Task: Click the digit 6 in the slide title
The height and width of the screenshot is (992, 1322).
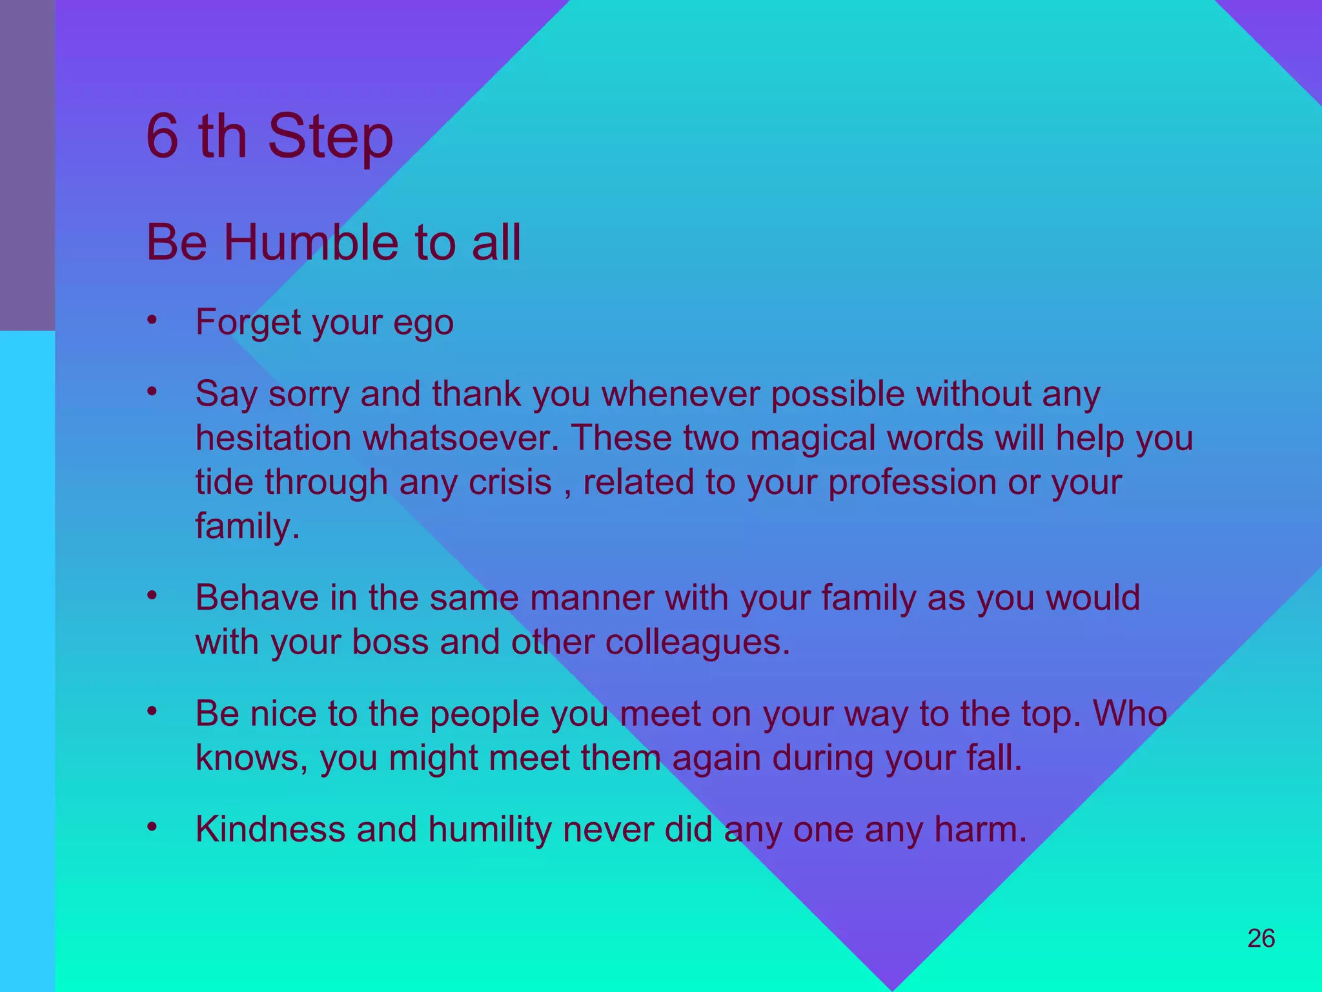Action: click(162, 136)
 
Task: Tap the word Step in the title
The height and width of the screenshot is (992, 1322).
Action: click(330, 138)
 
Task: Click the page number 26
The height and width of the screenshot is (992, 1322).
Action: click(1261, 938)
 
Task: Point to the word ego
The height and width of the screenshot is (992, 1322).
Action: click(423, 323)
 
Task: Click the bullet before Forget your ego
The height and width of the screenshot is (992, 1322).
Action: click(152, 320)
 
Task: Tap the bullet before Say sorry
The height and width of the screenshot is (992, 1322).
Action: click(152, 391)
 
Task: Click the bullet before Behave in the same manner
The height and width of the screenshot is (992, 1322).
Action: click(152, 595)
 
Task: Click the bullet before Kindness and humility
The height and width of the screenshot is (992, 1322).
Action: click(152, 827)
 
